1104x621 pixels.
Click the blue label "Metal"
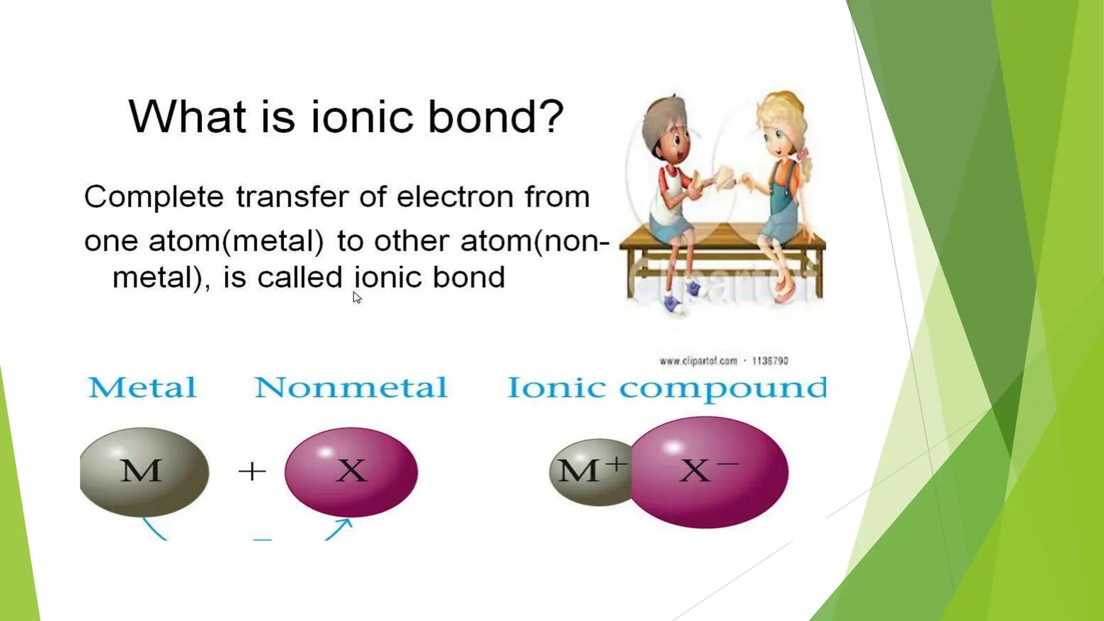[x=142, y=388]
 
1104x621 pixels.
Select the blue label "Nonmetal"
[x=350, y=388]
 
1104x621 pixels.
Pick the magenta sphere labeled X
[x=351, y=472]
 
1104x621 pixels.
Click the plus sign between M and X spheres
[x=252, y=472]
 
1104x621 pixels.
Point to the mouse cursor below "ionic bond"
[x=357, y=298]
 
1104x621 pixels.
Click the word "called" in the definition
[x=299, y=278]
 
